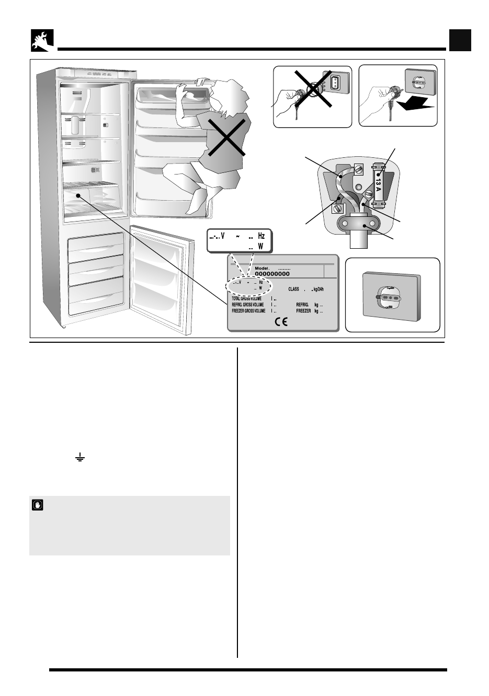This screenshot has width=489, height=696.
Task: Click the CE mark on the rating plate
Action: click(x=281, y=322)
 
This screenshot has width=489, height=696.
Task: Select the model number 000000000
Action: click(x=272, y=273)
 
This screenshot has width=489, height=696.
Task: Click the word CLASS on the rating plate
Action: click(x=293, y=289)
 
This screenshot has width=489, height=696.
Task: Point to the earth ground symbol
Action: click(x=79, y=459)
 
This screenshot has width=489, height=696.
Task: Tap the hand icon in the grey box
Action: click(x=38, y=505)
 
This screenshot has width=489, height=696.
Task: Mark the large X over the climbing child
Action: click(x=227, y=135)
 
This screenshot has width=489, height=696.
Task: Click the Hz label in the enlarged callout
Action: click(x=261, y=236)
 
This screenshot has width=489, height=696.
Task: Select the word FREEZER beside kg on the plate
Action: click(x=303, y=311)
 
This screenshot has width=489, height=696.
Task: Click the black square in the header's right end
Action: click(x=460, y=41)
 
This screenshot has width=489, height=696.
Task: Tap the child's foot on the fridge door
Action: click(x=200, y=201)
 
